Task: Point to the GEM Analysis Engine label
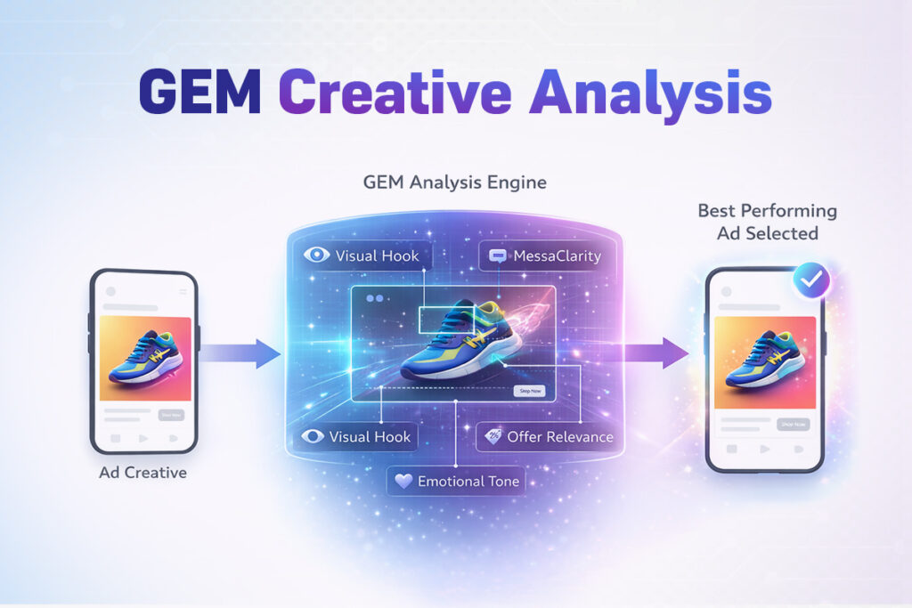455,182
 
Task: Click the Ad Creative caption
142,473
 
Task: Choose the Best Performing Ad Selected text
767,222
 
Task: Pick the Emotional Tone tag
456,482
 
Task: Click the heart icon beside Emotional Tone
403,482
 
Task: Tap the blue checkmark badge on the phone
810,281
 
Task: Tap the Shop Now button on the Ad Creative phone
170,415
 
